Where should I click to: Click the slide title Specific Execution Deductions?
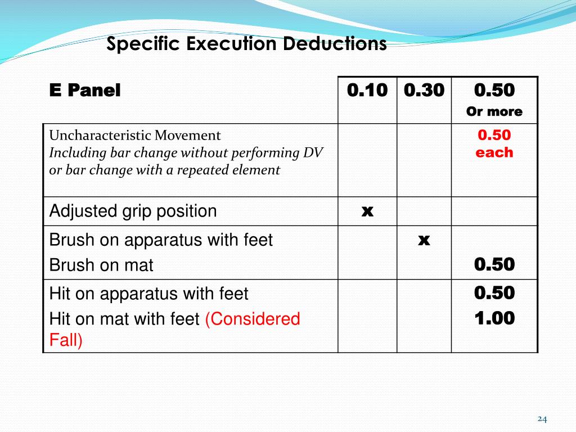246,43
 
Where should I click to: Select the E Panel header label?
85,90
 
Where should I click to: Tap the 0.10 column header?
367,90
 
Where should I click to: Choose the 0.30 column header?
424,90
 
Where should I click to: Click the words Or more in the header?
494,111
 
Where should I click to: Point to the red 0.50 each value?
494,144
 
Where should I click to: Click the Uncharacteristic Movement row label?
135,136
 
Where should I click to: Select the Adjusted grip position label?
133,211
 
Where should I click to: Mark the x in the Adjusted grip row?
367,211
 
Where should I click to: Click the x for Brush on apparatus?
424,240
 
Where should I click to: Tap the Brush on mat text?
101,265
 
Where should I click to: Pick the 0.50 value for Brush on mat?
494,265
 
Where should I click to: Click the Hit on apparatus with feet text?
148,294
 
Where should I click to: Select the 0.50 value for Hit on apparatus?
494,293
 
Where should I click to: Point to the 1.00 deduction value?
494,319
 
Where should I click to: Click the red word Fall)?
66,341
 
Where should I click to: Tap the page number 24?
542,418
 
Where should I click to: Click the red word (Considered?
252,319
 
